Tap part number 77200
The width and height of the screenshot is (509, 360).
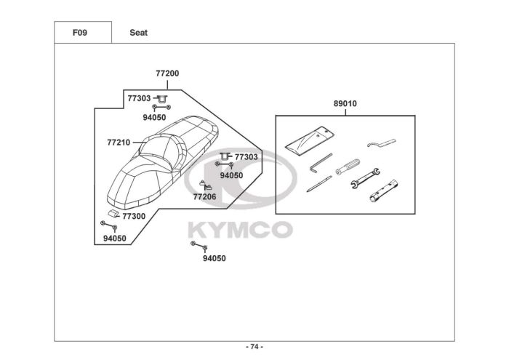pyautogui.click(x=167, y=73)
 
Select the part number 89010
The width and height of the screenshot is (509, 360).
pyautogui.click(x=345, y=104)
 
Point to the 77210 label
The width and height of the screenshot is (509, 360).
pyautogui.click(x=119, y=143)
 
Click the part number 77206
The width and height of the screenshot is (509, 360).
pyautogui.click(x=204, y=196)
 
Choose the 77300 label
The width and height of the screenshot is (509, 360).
pyautogui.click(x=133, y=216)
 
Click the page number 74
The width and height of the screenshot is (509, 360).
pyautogui.click(x=254, y=346)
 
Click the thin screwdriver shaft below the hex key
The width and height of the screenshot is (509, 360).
pyautogui.click(x=318, y=185)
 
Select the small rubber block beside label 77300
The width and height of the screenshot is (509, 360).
pyautogui.click(x=113, y=213)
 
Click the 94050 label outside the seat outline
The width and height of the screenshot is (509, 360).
pyautogui.click(x=214, y=258)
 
